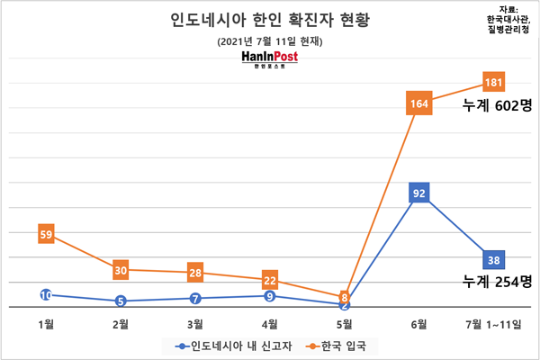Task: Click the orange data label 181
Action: [x=492, y=82]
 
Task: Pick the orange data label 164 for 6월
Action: [x=418, y=103]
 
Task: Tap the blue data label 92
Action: [x=418, y=192]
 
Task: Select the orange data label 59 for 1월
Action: [x=47, y=234]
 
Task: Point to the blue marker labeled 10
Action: [x=47, y=294]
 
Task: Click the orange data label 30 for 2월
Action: [x=121, y=269]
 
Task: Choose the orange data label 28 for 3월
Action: [x=195, y=272]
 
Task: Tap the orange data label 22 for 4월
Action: [x=269, y=279]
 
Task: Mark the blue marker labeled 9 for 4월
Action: [x=269, y=295]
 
